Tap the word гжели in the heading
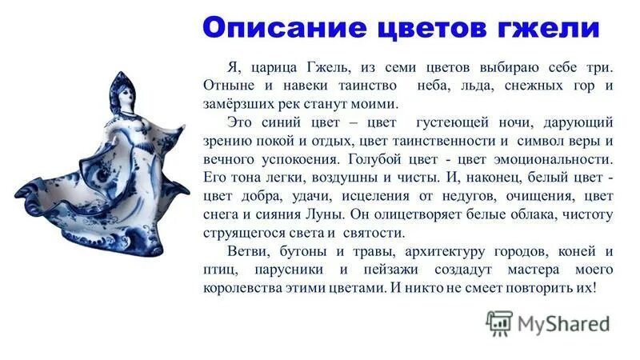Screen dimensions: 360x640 point(551,30)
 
